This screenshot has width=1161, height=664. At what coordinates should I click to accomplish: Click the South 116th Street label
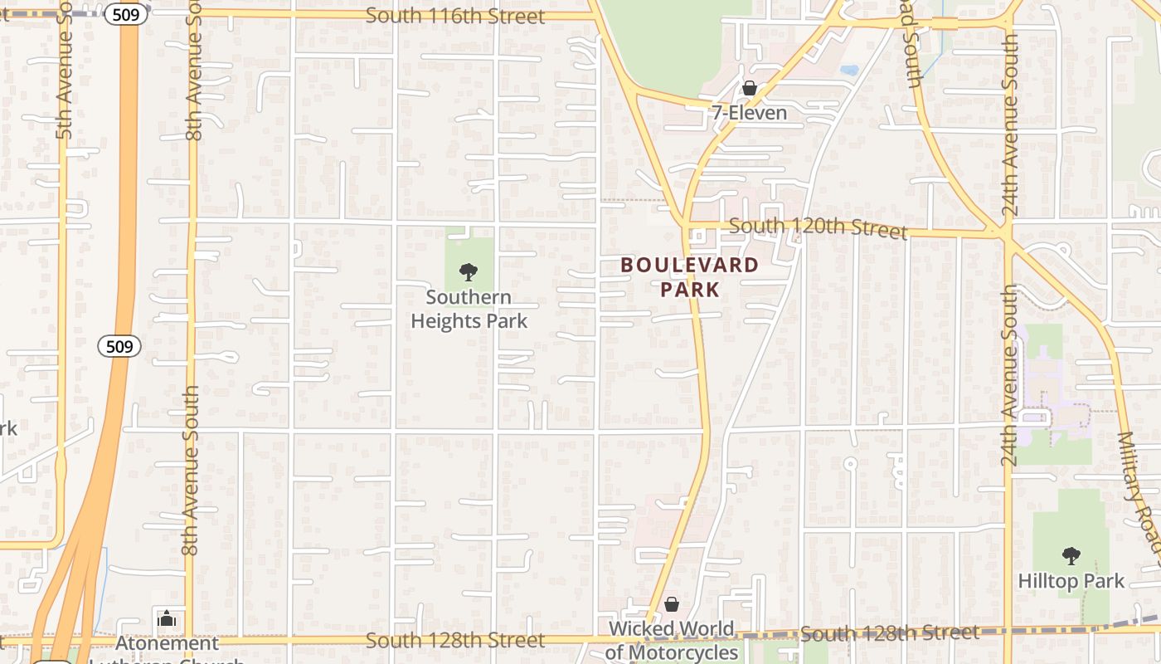(455, 16)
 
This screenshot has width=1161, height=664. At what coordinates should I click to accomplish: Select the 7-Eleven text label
(749, 113)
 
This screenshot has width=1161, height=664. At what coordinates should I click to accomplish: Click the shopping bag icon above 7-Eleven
(750, 88)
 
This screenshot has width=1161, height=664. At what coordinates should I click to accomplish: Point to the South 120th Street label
(819, 227)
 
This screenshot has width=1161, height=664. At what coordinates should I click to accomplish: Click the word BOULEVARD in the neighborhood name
(690, 266)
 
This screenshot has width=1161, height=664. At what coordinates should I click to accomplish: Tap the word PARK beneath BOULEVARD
(690, 290)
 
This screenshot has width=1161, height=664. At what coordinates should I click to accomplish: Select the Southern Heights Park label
(469, 309)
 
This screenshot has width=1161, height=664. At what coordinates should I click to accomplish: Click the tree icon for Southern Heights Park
(469, 271)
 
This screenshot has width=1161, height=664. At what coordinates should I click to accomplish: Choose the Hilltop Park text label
(1071, 581)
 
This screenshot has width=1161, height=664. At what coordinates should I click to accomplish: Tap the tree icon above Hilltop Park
(1071, 555)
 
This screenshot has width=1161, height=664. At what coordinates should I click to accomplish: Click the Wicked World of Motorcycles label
(672, 641)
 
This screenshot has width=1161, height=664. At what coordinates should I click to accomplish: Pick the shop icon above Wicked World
(672, 604)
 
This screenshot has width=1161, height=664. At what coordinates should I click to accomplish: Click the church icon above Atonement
(167, 618)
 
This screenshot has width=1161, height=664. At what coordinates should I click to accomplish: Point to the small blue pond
(848, 71)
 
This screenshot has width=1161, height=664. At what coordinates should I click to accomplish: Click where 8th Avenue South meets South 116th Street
(194, 13)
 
